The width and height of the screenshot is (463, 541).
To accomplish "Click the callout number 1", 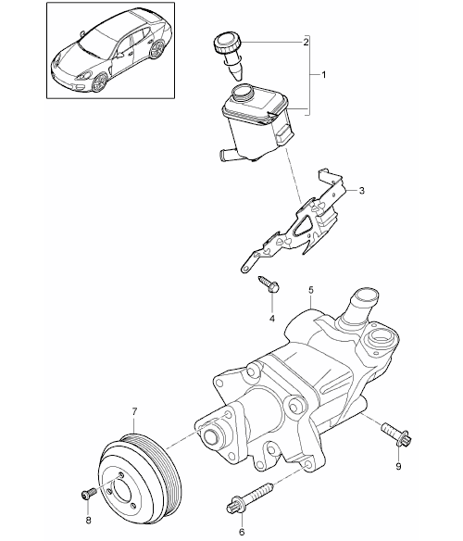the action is [323, 74].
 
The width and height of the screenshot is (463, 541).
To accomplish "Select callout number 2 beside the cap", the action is [306, 43].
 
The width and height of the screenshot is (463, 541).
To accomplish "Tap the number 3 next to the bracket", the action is [361, 191].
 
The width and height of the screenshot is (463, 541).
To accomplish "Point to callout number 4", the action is [272, 319].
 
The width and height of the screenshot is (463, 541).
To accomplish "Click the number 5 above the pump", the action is [311, 290].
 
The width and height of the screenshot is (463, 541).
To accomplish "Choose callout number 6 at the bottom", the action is [242, 533].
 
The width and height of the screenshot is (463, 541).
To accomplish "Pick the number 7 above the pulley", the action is [134, 411].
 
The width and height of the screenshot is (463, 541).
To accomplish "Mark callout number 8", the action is [88, 521].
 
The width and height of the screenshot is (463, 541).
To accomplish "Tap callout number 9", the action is [398, 467].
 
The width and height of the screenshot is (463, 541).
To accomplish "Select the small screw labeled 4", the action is [269, 284].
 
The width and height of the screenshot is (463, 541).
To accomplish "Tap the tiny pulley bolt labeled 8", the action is [88, 494].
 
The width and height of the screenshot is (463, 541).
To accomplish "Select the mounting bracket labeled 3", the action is [296, 224].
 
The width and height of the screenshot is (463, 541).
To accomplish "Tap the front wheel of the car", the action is [100, 82].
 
